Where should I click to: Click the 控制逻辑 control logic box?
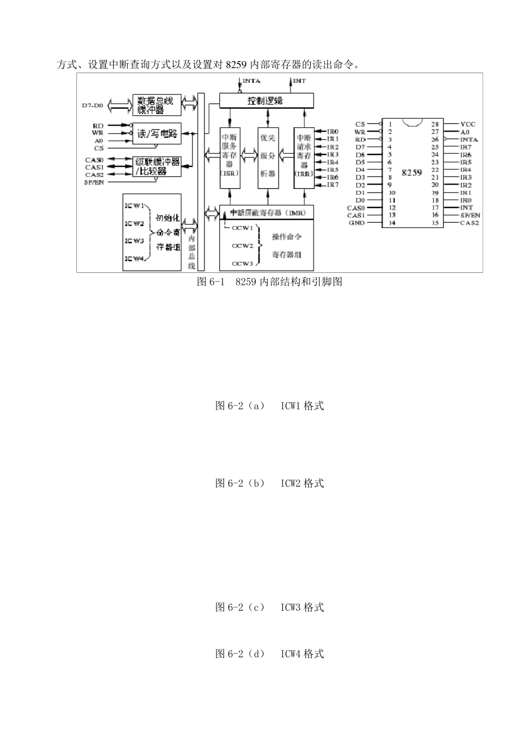click(x=266, y=100)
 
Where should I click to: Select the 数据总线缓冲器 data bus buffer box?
click(x=156, y=105)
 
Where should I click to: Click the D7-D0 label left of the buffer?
click(x=92, y=105)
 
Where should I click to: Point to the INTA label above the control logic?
click(x=251, y=81)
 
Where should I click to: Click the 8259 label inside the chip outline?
click(x=412, y=172)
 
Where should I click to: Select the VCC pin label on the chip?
click(x=468, y=124)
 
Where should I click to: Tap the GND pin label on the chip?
click(x=357, y=223)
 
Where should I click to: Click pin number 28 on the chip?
click(x=435, y=124)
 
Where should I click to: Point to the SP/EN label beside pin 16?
click(x=470, y=215)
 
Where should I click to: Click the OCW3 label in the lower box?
click(x=243, y=264)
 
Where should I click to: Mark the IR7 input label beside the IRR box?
click(x=333, y=185)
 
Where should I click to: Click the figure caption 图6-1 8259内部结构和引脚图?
click(x=269, y=282)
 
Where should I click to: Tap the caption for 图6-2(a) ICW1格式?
click(x=269, y=406)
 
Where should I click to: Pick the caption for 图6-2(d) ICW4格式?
click(x=269, y=653)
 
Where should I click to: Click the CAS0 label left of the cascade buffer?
click(x=94, y=160)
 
